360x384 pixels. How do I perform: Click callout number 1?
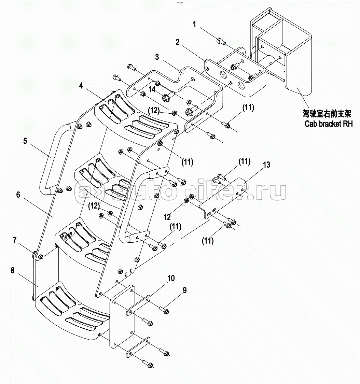coord(195,25)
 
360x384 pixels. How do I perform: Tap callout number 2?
coord(178,42)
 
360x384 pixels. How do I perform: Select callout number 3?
coord(157,57)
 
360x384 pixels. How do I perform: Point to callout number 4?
coord(81,85)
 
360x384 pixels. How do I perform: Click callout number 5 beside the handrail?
coord(25,141)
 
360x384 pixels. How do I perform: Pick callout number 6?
coord(18,195)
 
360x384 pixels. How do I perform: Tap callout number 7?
coord(15,241)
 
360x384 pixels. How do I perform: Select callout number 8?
coord(13,270)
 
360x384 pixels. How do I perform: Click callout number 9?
coord(184,290)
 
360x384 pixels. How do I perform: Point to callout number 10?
coord(171,278)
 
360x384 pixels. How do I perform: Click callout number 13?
coord(266,165)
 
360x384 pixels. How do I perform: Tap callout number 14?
coord(152,89)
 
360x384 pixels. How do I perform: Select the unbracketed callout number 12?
coord(167,217)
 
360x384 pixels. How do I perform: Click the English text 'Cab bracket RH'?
coord(328,124)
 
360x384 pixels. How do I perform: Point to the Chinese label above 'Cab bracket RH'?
coord(327,114)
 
